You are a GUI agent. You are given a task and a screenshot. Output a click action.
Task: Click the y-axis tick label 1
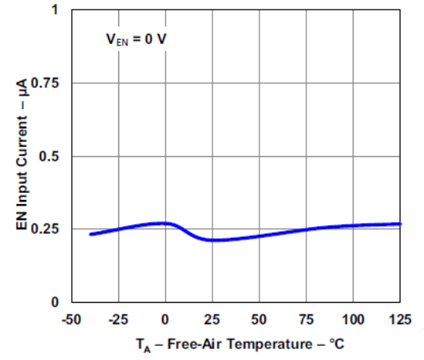click(x=54, y=10)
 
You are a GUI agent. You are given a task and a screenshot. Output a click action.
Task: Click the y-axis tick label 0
click(x=54, y=302)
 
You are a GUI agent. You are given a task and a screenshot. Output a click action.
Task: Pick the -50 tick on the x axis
click(x=71, y=319)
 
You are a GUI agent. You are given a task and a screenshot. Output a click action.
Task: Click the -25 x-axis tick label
click(x=118, y=319)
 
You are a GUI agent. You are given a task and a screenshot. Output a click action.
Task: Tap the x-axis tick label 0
click(x=165, y=319)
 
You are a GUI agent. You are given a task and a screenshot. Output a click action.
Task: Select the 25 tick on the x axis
click(x=212, y=319)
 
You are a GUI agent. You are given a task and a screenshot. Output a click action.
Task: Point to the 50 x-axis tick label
click(x=259, y=319)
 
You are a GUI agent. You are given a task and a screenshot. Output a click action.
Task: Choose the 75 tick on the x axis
click(x=306, y=319)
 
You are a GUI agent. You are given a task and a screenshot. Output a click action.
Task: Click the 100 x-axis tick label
click(x=353, y=319)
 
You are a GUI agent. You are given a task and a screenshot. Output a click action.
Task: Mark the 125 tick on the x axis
click(x=400, y=319)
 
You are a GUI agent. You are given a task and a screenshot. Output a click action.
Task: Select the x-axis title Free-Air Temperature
click(x=235, y=344)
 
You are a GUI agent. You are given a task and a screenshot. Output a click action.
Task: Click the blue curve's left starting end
click(x=91, y=234)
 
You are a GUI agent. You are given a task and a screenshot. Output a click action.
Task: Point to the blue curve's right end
click(x=400, y=224)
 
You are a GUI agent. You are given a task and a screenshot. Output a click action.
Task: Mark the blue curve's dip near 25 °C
click(x=212, y=240)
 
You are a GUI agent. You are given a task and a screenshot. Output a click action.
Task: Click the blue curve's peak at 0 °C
click(x=165, y=223)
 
